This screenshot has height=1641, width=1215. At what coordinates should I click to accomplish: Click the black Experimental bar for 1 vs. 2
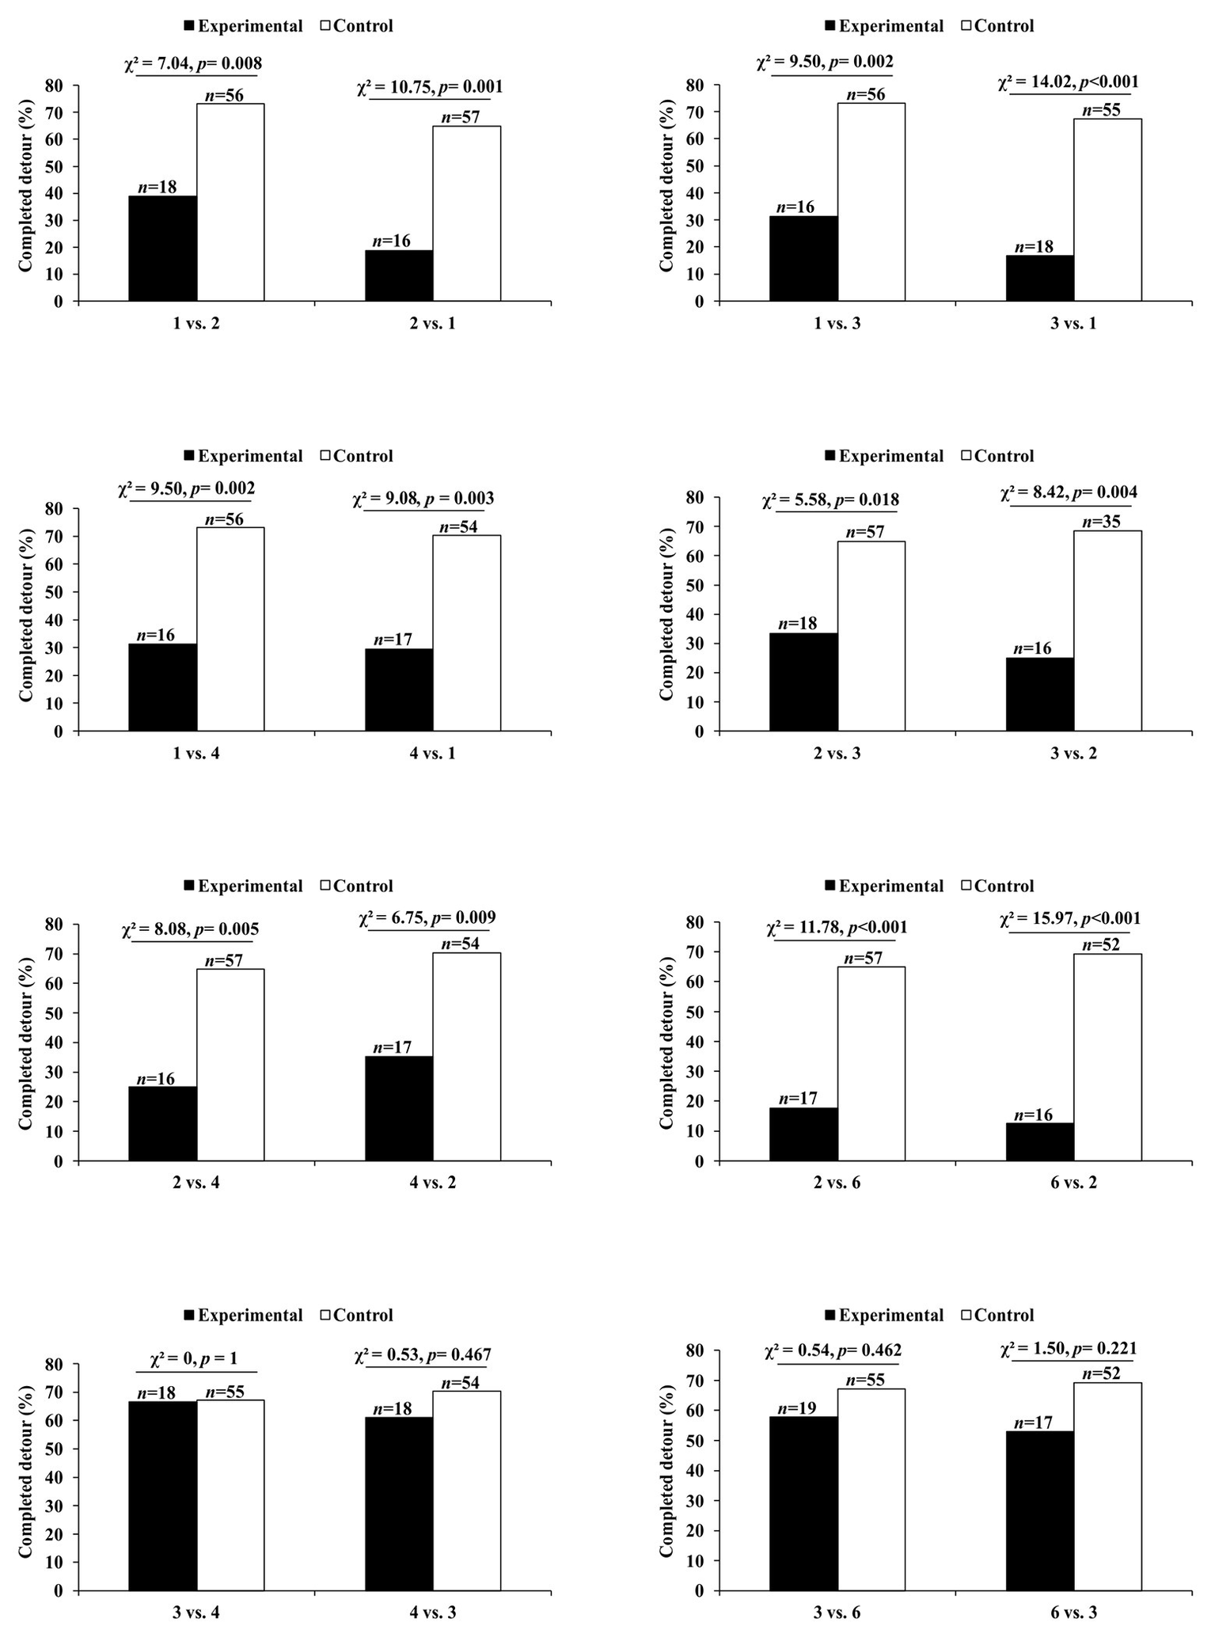pyautogui.click(x=162, y=249)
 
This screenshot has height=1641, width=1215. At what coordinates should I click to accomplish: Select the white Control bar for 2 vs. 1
pyautogui.click(x=466, y=214)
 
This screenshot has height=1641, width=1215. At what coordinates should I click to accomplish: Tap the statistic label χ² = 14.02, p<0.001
pyautogui.click(x=1068, y=82)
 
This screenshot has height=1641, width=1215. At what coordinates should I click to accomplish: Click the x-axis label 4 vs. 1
pyautogui.click(x=432, y=753)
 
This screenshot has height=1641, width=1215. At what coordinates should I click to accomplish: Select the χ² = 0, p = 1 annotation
pyautogui.click(x=194, y=1359)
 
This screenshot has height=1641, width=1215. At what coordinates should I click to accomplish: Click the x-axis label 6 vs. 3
pyautogui.click(x=1073, y=1613)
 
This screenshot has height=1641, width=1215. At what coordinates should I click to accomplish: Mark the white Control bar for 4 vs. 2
pyautogui.click(x=466, y=1057)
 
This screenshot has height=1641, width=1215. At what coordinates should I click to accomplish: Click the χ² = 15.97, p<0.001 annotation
pyautogui.click(x=1070, y=918)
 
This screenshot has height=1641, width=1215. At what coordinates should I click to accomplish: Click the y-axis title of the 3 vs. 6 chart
pyautogui.click(x=666, y=1470)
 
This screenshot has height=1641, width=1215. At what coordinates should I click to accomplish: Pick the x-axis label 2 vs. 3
pyautogui.click(x=837, y=753)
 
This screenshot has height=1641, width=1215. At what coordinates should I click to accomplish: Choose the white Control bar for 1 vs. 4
pyautogui.click(x=230, y=629)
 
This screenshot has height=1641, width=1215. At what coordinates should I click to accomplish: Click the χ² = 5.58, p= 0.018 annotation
pyautogui.click(x=830, y=500)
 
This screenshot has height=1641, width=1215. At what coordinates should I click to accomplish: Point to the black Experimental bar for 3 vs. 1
pyautogui.click(x=1039, y=278)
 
